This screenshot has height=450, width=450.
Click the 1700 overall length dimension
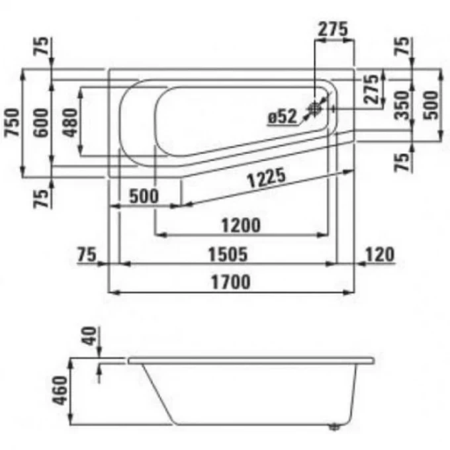tap(231, 282)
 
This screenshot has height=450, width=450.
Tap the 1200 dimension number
tap(241, 225)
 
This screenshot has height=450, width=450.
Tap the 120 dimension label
tap(379, 254)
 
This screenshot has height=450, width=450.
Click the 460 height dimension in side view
tap(60, 390)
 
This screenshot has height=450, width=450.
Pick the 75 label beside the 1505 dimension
tap(87, 254)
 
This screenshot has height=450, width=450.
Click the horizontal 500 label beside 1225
tap(144, 196)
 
